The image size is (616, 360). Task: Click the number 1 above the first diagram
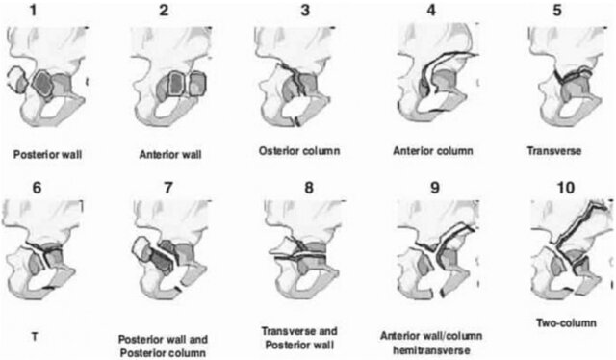(34, 11)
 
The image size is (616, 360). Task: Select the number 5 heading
(557, 11)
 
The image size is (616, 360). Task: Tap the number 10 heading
(566, 188)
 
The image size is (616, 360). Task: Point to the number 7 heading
(168, 188)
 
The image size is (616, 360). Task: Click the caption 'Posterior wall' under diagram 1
(48, 154)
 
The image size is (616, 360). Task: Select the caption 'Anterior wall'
(170, 154)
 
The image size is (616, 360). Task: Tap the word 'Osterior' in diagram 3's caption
(277, 151)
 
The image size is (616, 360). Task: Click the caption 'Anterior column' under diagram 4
(433, 151)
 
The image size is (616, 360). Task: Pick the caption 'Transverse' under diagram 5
(554, 151)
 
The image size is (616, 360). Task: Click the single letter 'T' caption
(35, 337)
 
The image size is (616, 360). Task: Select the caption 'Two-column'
(566, 323)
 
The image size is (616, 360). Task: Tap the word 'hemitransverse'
(431, 349)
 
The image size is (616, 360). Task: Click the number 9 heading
(434, 188)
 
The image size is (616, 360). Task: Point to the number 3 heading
(305, 11)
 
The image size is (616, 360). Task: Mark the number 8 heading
(309, 188)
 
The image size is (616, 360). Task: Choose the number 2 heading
(164, 11)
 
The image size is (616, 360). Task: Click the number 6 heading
(37, 188)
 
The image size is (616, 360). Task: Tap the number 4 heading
(431, 11)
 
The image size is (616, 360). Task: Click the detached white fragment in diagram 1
(16, 79)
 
